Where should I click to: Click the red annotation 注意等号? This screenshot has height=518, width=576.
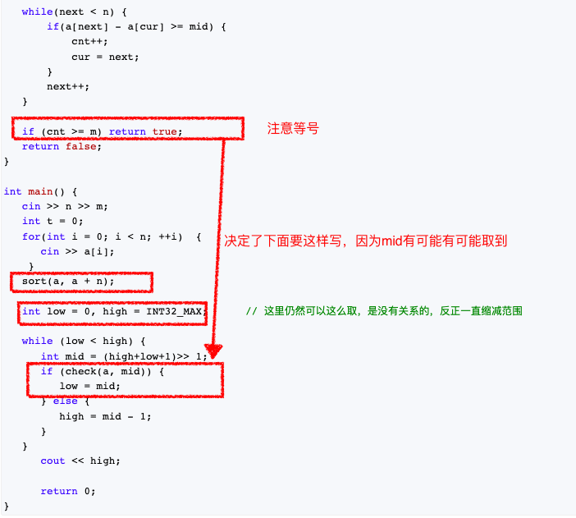tap(293, 129)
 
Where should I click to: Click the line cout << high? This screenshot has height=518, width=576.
tap(80, 461)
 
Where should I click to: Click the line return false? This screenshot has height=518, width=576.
tap(62, 146)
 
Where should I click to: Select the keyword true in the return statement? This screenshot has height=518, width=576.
tap(164, 131)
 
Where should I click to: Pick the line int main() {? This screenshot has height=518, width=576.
tap(40, 191)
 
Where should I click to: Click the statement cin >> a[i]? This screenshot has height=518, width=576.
tap(77, 251)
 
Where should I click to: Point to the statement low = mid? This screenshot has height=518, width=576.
tap(89, 386)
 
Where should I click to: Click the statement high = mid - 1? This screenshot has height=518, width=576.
tap(105, 416)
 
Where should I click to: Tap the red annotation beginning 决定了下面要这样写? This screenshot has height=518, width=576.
tap(366, 241)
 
